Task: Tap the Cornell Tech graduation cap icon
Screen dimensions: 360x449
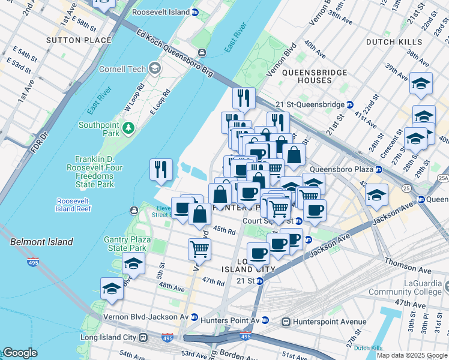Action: pyautogui.click(x=155, y=69)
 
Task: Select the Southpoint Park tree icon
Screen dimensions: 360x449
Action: pyautogui.click(x=127, y=128)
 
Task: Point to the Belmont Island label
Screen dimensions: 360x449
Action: pyautogui.click(x=41, y=242)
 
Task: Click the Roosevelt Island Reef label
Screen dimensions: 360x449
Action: pyautogui.click(x=74, y=205)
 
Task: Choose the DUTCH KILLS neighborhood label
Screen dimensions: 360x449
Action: pyautogui.click(x=393, y=42)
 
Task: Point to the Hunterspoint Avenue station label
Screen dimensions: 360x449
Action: pyautogui.click(x=327, y=322)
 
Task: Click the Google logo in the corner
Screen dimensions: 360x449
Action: pyautogui.click(x=20, y=353)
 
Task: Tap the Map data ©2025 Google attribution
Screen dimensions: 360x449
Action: pyautogui.click(x=411, y=355)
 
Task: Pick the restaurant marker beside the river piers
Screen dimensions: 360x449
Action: pyautogui.click(x=160, y=169)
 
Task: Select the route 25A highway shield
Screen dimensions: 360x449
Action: pyautogui.click(x=443, y=178)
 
